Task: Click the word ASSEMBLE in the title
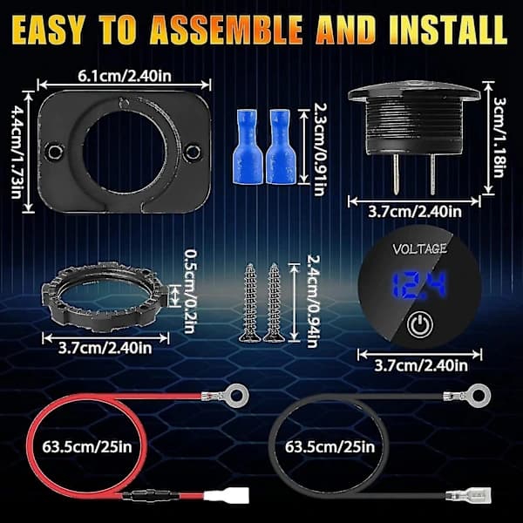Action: point(226,30)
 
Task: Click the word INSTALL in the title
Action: point(448,30)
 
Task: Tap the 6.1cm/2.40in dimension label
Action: point(125,76)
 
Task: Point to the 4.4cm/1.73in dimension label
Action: point(16,152)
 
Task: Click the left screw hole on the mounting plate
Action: point(56,152)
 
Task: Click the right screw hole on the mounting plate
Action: point(194,152)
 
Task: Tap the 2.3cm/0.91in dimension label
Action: point(321,149)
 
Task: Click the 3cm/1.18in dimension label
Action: point(499,137)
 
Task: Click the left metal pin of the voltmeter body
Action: point(396,174)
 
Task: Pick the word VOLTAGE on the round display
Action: point(419,248)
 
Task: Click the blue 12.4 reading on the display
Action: point(418,285)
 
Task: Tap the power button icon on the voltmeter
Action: point(420,324)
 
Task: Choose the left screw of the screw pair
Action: point(249,302)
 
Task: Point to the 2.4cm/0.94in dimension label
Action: point(314,302)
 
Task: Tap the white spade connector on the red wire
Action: point(227,494)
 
